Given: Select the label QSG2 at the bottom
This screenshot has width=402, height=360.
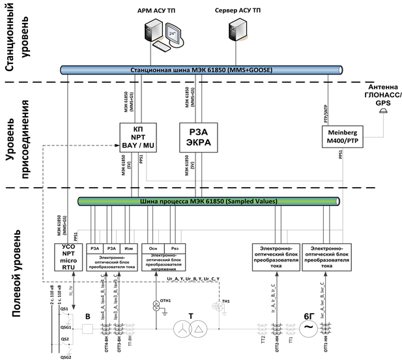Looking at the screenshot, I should (x=65, y=355).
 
